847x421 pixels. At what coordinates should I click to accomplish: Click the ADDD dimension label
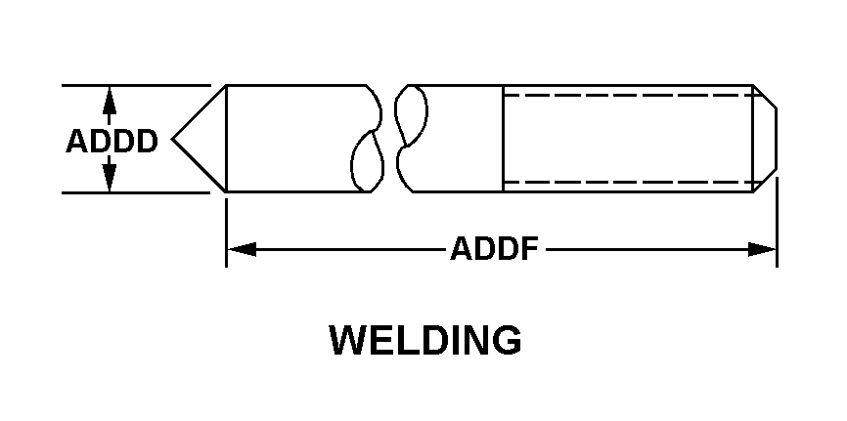(111, 143)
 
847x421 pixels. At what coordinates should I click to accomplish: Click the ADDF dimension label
(495, 250)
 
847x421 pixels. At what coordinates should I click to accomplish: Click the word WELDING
(425, 341)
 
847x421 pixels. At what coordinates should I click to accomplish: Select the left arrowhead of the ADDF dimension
(240, 250)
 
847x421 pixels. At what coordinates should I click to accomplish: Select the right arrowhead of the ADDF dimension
(763, 250)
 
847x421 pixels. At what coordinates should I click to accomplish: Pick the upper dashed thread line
(626, 95)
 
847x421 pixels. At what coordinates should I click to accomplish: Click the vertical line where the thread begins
(504, 138)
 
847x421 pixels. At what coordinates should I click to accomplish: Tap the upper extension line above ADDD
(137, 85)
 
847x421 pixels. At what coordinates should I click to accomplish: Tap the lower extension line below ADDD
(137, 191)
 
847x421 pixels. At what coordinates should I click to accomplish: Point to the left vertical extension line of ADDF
(227, 230)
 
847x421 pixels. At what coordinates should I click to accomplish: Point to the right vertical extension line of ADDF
(777, 225)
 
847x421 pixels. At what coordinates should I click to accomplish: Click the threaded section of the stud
(626, 138)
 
